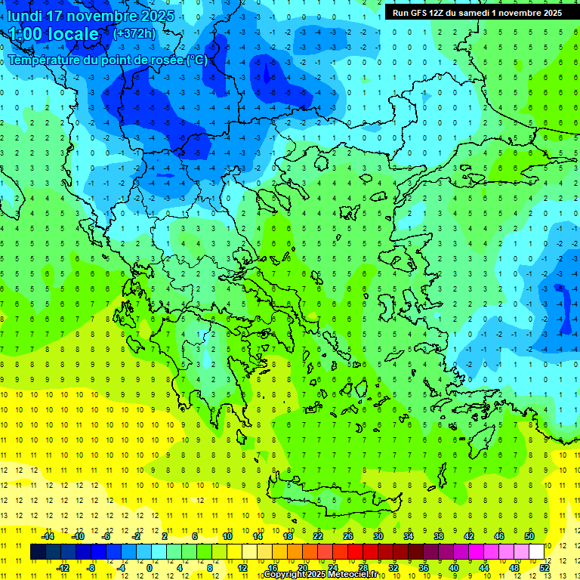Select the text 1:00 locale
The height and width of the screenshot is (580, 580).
[54, 34]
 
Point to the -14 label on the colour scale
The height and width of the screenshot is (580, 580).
[47, 536]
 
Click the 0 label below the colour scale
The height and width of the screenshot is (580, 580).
[150, 567]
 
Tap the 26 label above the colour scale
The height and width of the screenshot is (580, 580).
[348, 536]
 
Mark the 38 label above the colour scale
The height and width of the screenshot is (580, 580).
[439, 536]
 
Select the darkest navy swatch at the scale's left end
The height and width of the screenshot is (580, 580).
[39, 551]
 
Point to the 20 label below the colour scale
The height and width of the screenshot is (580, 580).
[302, 567]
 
